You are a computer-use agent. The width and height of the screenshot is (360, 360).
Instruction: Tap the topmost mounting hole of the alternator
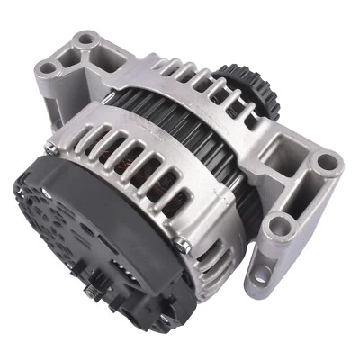86,40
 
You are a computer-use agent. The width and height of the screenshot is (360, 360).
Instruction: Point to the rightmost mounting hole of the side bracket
327,163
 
